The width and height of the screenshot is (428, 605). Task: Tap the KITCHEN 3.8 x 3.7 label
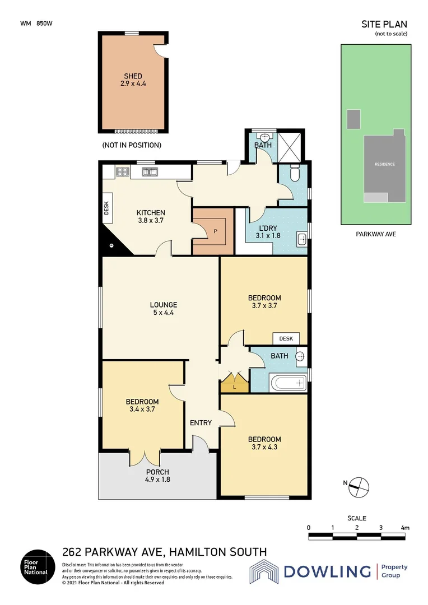pyautogui.click(x=151, y=217)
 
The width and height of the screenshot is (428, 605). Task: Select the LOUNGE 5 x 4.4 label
pyautogui.click(x=163, y=309)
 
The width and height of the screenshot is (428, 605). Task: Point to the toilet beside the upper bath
pyautogui.click(x=296, y=175)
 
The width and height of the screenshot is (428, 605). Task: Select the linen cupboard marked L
pyautogui.click(x=235, y=385)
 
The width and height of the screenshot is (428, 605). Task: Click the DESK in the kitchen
pyautogui.click(x=106, y=208)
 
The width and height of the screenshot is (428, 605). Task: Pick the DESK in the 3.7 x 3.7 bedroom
pyautogui.click(x=286, y=338)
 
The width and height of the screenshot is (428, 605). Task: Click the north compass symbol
pyautogui.click(x=359, y=487)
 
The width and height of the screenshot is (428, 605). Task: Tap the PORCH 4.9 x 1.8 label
pyautogui.click(x=157, y=476)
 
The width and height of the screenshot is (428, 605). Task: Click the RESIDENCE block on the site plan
pyautogui.click(x=384, y=164)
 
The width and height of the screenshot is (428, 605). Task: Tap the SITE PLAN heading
pyautogui.click(x=384, y=24)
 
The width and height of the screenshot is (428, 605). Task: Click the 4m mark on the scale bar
pyautogui.click(x=404, y=528)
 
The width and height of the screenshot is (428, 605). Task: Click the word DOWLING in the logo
pyautogui.click(x=327, y=571)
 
